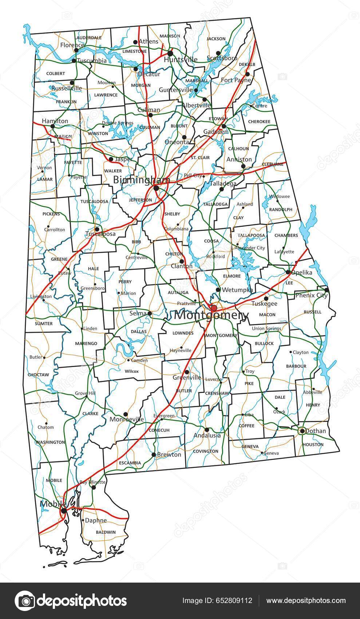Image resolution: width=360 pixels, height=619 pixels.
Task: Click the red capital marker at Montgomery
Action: coord(214,308)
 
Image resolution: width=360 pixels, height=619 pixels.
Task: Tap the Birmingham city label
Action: coord(141,180)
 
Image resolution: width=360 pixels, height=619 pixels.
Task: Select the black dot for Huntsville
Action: coord(170,53)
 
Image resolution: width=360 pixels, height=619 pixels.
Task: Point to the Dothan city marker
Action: coord(302,431)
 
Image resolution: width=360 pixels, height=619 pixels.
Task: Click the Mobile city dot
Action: coord(64,511)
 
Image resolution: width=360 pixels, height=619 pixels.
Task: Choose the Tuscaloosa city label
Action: coord(100,234)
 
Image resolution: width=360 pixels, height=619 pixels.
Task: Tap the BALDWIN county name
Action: coord(106,532)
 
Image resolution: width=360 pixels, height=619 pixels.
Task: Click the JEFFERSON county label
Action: coord(141,200)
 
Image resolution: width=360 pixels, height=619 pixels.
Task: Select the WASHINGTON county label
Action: coord(50,442)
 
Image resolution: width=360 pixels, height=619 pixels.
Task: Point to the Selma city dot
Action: coord(150,313)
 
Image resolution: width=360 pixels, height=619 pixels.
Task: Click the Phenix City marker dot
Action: coord(326,290)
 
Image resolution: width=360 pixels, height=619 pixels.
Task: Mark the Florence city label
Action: coord(72,45)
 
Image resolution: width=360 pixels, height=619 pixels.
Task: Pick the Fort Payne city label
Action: coord(236,80)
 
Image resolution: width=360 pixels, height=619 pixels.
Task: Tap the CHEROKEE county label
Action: coord(259,122)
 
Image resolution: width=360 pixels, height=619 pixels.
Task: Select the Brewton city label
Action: coord(169,454)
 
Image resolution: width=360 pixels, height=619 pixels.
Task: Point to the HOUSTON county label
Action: coord(313,444)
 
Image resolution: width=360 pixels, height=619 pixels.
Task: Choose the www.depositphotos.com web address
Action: coord(306,600)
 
